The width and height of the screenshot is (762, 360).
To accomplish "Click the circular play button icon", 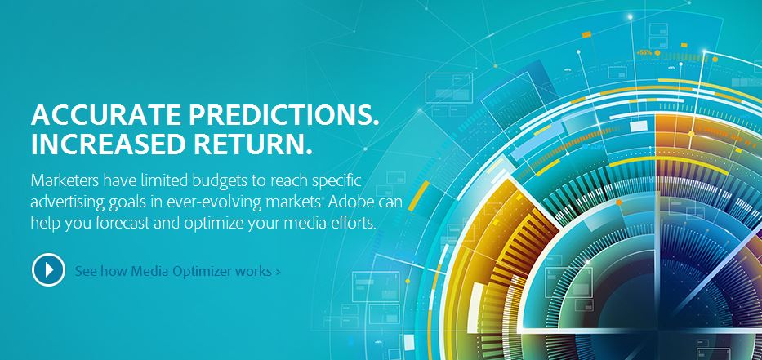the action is coord(49,269).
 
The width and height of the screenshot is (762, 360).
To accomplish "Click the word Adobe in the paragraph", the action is coord(349,202).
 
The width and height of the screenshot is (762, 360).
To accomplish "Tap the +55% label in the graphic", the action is coord(644,52).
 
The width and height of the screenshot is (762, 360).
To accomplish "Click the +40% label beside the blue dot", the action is coord(598,147).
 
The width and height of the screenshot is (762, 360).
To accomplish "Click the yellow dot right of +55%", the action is coord(657,52).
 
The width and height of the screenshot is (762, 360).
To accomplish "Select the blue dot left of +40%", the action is coord(585,146).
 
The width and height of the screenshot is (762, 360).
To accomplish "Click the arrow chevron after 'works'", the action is coord(278,271).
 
